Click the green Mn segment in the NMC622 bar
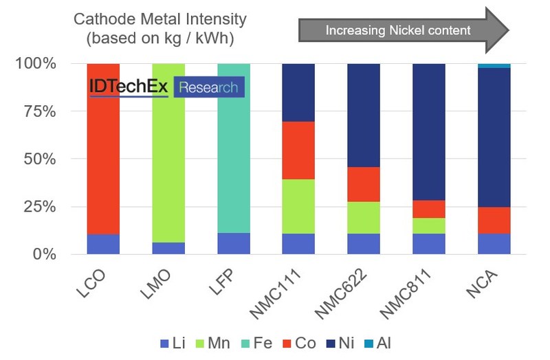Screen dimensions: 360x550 tap(364, 217)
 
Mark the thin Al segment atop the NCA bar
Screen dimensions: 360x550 tap(494, 66)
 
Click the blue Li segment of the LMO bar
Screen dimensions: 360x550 tap(168, 248)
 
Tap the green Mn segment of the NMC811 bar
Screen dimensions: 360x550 tap(429, 225)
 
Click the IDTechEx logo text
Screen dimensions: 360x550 tap(129, 87)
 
